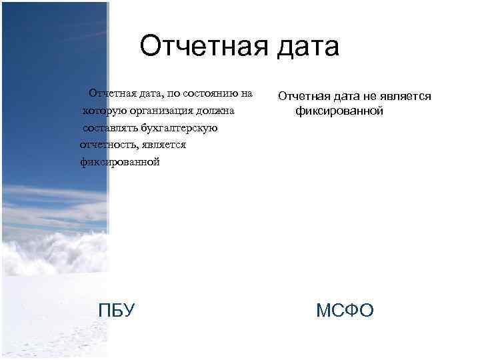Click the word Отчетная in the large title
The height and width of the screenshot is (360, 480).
pos(204,46)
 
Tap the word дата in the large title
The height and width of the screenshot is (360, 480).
pos(308,47)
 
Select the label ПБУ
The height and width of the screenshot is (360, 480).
pos(117,310)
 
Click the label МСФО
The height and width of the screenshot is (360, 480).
pos(345,310)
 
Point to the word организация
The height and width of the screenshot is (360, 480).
pos(161,111)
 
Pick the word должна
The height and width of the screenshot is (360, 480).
pos(215,111)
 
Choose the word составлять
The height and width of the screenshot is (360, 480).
pos(111,128)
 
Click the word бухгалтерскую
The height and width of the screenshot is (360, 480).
pos(179,128)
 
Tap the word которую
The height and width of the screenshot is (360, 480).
pos(105,111)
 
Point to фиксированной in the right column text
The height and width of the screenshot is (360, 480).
pos(339,111)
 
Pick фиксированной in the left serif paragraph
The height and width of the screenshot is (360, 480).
pos(120,161)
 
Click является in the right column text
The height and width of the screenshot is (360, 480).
pos(405,97)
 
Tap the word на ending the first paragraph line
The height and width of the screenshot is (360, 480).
pos(247,94)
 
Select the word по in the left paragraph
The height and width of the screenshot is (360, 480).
pos(173,94)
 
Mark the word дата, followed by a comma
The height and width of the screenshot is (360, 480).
pos(151,94)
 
